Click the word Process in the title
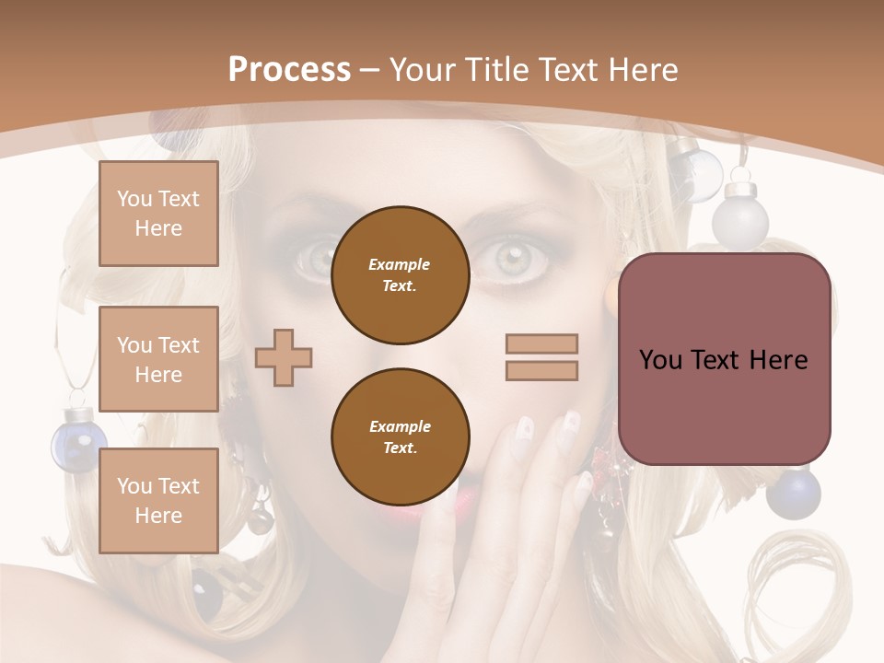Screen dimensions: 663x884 coord(289,69)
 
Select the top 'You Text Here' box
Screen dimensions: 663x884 coord(158,214)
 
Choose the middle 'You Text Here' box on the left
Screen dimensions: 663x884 coord(158,359)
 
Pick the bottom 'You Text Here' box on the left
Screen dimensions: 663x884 coord(158,500)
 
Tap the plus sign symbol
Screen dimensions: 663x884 coord(284,356)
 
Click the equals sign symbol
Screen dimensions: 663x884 coord(541,357)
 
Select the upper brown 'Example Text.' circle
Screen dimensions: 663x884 coord(400,275)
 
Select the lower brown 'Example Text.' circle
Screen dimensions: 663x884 coord(400,437)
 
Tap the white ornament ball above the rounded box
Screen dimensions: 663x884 coord(745,213)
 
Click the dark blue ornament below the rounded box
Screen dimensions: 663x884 coord(793,493)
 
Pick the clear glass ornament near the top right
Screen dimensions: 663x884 coord(694,173)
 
